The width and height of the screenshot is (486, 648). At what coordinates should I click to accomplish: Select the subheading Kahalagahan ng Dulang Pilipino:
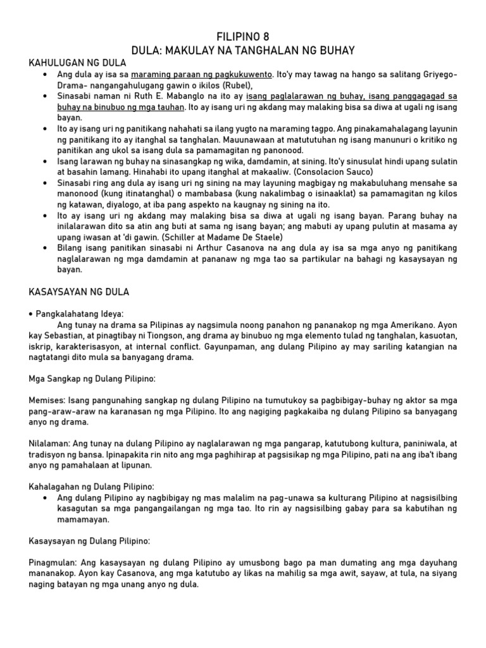[92, 487]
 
